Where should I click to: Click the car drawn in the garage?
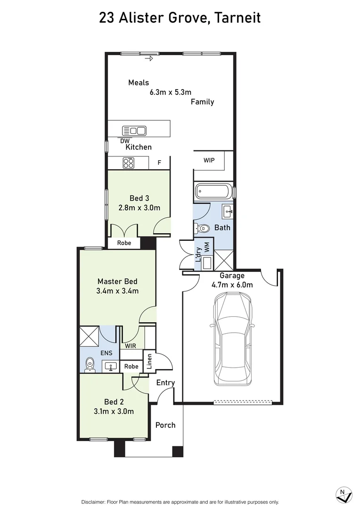[x=233, y=338]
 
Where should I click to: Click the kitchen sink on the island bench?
[x=134, y=131]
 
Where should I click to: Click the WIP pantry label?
[x=209, y=160]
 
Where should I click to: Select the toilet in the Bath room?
[x=202, y=229]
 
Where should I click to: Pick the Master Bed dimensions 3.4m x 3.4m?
[x=117, y=291]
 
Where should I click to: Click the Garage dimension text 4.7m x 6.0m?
[x=232, y=285]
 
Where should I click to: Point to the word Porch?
[x=165, y=425]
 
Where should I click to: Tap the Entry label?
[x=165, y=383]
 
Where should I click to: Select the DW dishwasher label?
[x=125, y=141]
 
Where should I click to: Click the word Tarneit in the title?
[x=238, y=18]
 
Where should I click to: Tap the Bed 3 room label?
[x=139, y=198]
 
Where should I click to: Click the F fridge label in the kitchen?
[x=159, y=163]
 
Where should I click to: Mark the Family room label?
[x=202, y=102]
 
